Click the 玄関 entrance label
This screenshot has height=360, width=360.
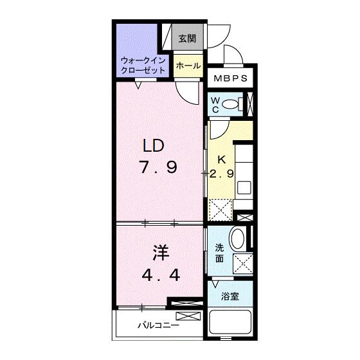187,38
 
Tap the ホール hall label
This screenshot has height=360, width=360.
187,66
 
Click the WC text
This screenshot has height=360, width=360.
216,104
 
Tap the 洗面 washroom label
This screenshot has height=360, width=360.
219,253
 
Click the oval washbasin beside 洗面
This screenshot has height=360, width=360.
237,240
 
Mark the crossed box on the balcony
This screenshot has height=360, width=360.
188,316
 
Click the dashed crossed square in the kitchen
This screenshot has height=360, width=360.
222,209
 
